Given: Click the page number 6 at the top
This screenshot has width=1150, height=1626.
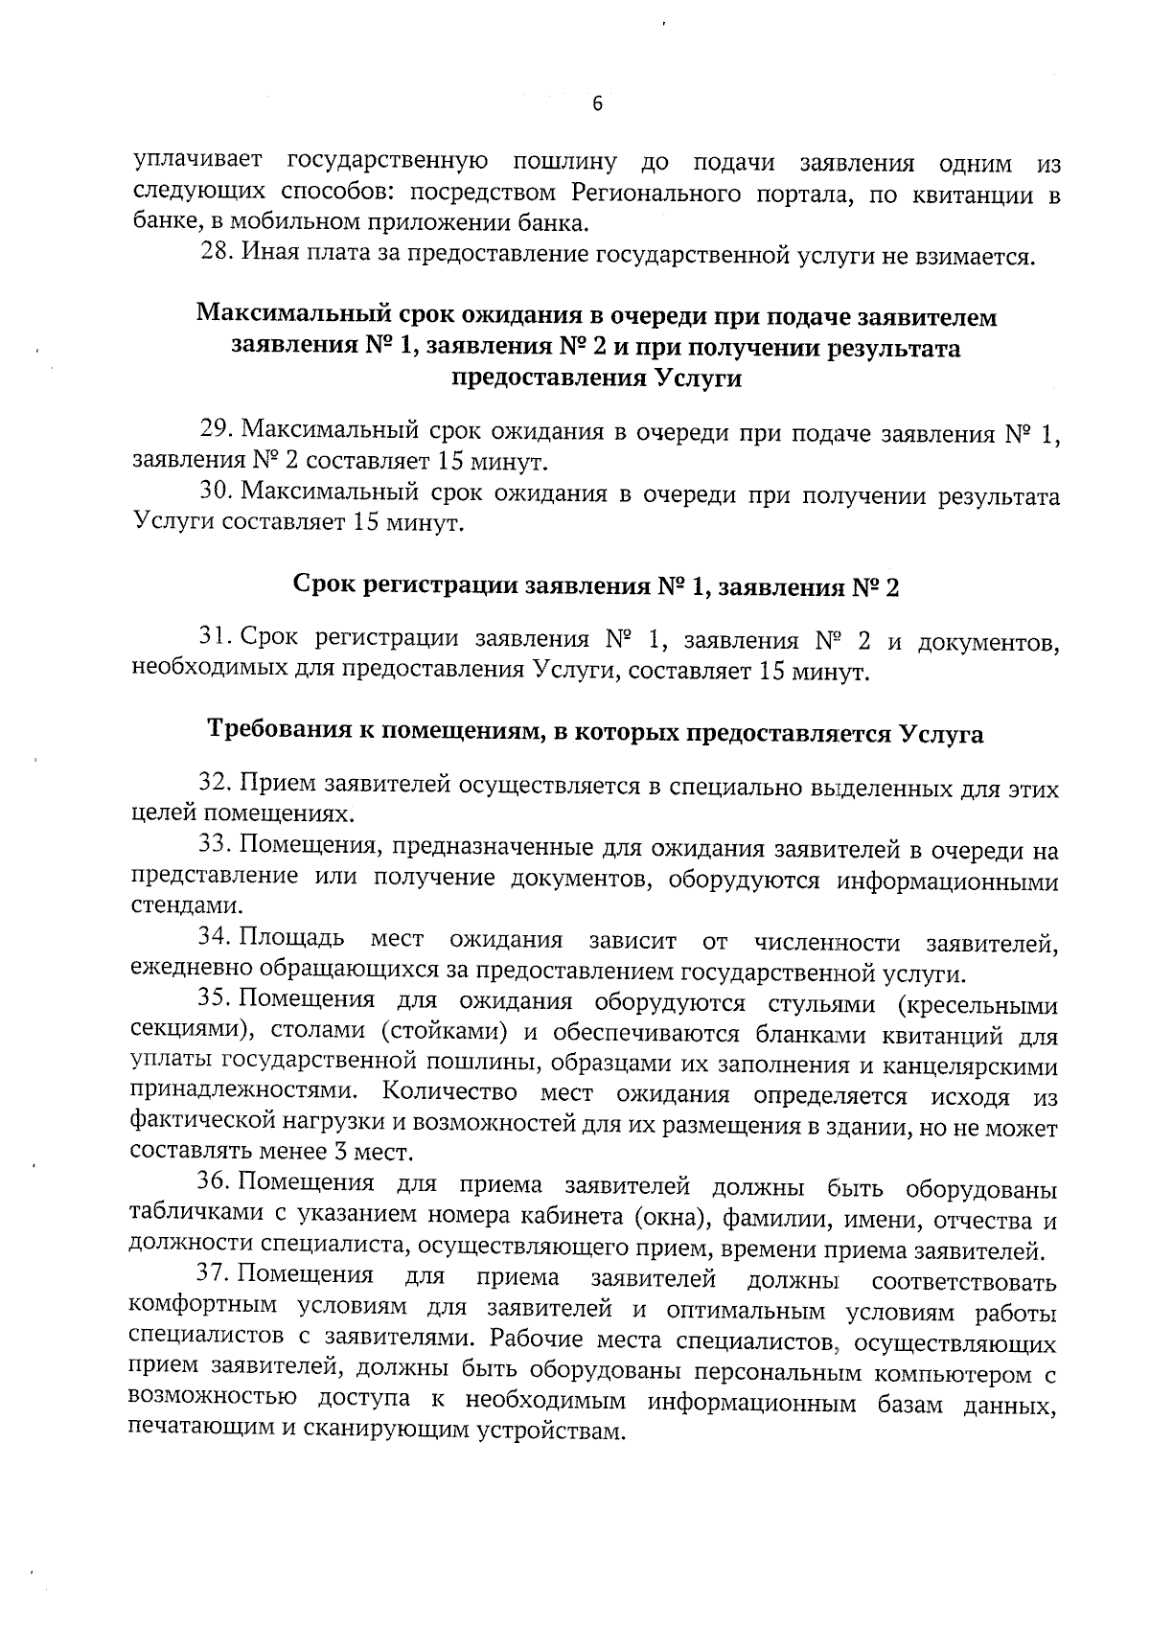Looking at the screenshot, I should click(597, 104).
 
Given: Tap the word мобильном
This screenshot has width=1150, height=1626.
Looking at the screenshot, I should click(288, 224).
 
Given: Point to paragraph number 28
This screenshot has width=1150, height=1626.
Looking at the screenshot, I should click(217, 255).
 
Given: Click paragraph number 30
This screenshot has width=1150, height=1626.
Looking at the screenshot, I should click(216, 492).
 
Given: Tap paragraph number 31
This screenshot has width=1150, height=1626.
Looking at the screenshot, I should click(216, 637).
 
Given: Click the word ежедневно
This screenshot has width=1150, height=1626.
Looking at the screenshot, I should click(194, 972).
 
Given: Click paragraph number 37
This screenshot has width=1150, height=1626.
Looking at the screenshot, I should click(213, 1275).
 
